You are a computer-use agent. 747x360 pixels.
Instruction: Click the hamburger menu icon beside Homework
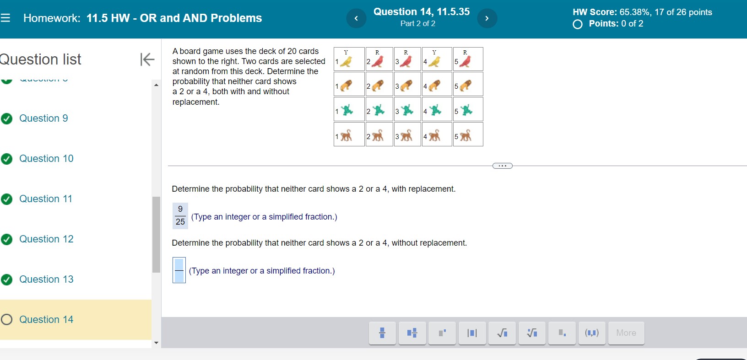[5, 18]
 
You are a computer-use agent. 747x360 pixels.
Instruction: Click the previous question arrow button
[356, 18]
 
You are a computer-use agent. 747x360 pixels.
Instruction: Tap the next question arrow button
[487, 18]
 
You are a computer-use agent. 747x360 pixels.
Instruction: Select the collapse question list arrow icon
[147, 59]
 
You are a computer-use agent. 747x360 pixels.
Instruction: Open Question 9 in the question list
[43, 118]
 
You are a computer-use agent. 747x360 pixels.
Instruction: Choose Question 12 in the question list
[46, 239]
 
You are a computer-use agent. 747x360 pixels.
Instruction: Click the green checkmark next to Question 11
[7, 199]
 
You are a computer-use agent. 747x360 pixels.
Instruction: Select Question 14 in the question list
[46, 320]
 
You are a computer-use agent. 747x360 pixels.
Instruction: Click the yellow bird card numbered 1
[349, 59]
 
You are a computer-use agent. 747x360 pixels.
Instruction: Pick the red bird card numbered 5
[468, 59]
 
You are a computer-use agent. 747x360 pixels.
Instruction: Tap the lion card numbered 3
[407, 85]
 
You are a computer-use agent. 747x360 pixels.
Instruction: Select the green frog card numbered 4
[437, 110]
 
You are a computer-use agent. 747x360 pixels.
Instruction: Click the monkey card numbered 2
[379, 135]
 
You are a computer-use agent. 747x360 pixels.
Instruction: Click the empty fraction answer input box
[179, 270]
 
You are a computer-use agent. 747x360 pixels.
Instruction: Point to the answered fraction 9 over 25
[180, 215]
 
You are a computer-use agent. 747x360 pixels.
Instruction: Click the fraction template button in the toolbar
[382, 333]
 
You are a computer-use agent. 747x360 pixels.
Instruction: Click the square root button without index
[502, 333]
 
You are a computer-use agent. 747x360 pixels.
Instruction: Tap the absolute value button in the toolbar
[472, 333]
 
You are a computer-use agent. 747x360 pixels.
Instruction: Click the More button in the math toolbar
[626, 333]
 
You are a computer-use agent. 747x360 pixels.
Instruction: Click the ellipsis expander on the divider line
[502, 166]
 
